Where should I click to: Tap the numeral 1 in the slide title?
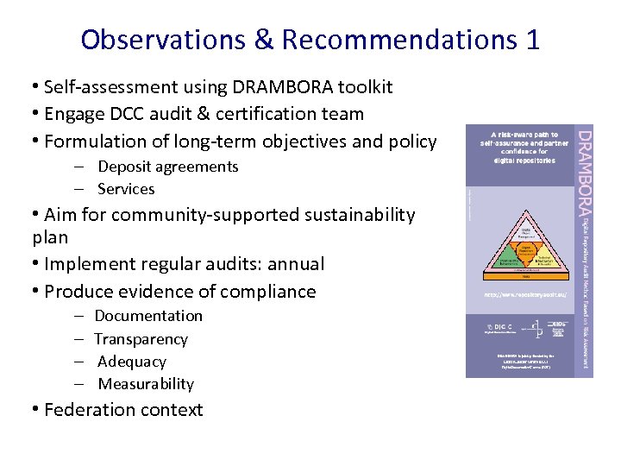coord(531,40)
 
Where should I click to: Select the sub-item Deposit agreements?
coord(167,167)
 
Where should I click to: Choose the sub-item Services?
coord(126,189)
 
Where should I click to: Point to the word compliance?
coord(267,292)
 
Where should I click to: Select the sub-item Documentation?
coord(148,316)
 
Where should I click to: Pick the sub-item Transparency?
coord(141,339)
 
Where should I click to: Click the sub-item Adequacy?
coord(131,362)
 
